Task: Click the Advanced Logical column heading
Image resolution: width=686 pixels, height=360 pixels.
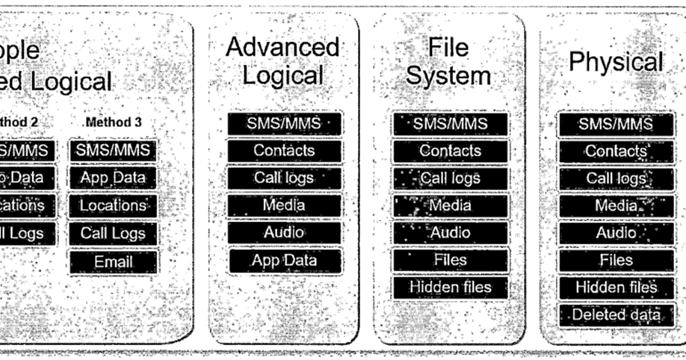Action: [283, 61]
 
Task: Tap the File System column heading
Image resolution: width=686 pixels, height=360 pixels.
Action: [449, 61]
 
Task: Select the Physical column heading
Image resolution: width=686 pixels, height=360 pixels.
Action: [616, 62]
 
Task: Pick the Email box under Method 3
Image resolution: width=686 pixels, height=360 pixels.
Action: [113, 261]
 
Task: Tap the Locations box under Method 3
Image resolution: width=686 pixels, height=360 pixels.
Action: [113, 205]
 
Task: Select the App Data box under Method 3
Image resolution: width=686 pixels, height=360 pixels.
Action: [113, 178]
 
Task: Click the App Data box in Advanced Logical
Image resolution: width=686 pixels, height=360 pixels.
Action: [285, 260]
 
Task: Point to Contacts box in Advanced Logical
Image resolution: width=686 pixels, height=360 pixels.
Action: [285, 150]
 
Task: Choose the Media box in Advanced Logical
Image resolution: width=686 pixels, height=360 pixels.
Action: [285, 205]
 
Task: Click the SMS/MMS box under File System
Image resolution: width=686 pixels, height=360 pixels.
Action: [450, 123]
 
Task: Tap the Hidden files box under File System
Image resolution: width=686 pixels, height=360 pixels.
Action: [450, 287]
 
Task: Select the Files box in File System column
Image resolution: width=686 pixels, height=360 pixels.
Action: [450, 260]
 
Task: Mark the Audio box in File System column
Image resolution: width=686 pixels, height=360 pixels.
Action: [450, 232]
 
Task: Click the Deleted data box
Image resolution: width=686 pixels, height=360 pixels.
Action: [616, 314]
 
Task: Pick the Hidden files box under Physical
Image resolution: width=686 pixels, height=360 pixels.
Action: [616, 288]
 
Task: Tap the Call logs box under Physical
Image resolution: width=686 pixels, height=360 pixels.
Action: [616, 179]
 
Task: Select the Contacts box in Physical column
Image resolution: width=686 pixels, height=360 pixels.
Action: [616, 151]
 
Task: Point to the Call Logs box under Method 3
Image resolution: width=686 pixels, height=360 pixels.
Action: [113, 233]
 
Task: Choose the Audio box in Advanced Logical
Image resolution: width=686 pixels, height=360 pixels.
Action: [285, 232]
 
